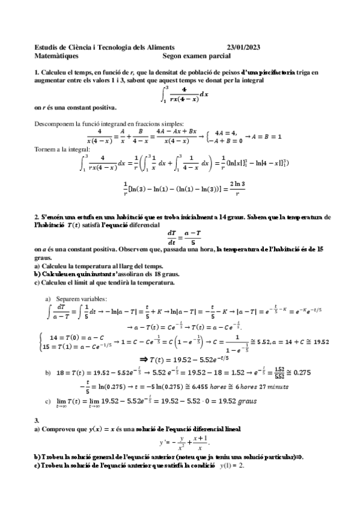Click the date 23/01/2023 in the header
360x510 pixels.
coord(243,47)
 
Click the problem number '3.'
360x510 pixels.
coord(37,420)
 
